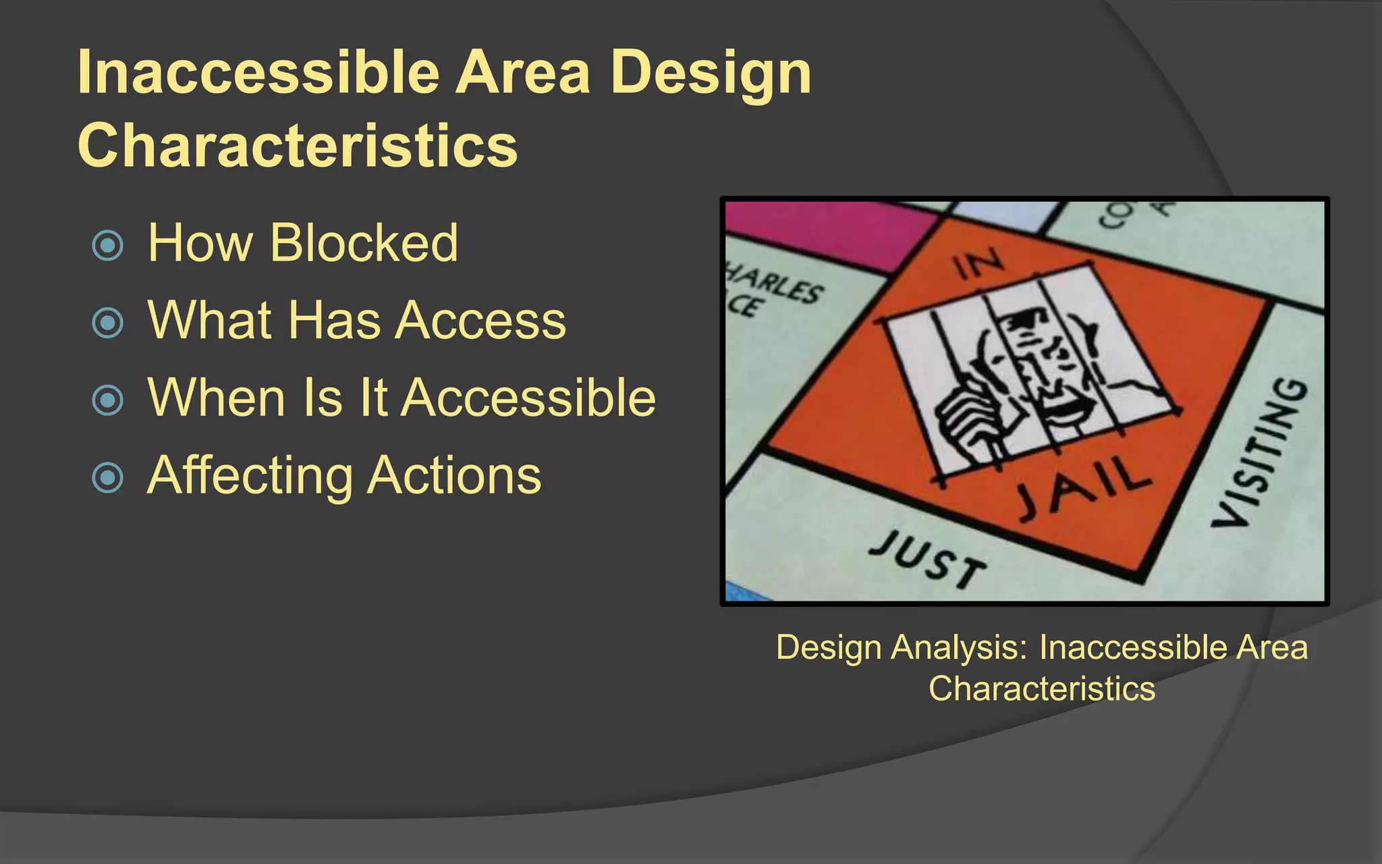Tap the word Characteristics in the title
(x=297, y=144)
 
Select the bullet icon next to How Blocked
(x=108, y=245)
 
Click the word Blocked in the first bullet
(x=364, y=242)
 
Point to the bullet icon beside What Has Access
(x=108, y=323)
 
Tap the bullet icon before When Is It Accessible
(x=108, y=400)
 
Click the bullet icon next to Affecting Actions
(x=108, y=477)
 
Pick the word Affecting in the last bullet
(x=249, y=476)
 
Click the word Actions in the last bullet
(x=454, y=475)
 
